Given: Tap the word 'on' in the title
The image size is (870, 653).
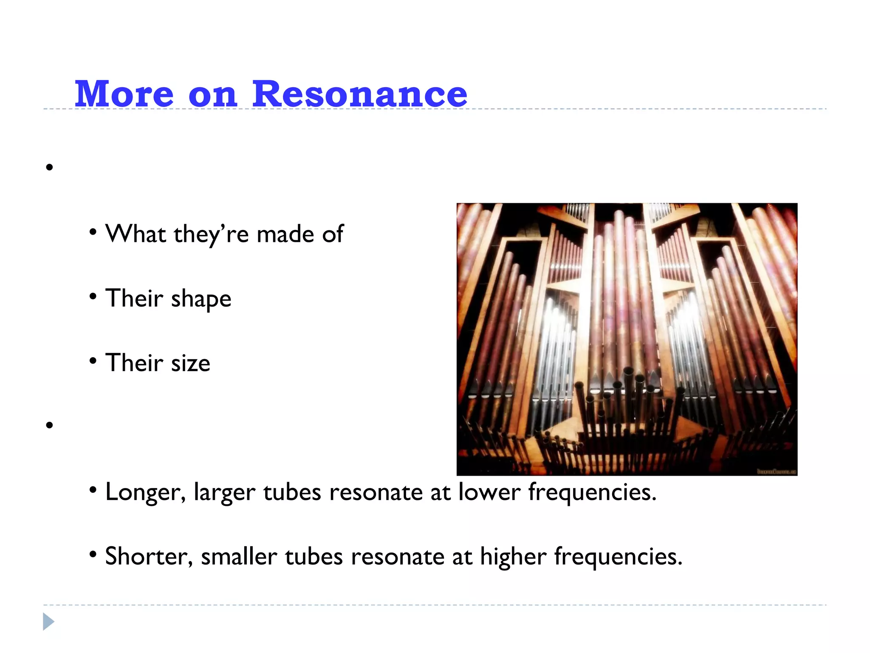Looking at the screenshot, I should point(212,95).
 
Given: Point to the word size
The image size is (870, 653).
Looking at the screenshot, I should point(190,363).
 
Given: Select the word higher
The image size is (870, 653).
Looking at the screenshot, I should point(513,557).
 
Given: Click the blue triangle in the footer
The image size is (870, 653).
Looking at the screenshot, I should point(48,622).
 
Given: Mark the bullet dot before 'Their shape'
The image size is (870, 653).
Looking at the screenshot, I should point(93,297).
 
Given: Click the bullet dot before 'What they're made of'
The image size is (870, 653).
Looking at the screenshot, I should point(93,232).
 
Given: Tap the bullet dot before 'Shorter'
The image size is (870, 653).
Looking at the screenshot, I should point(93,554).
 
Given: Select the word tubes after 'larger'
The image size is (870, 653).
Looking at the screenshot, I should point(292,492).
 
